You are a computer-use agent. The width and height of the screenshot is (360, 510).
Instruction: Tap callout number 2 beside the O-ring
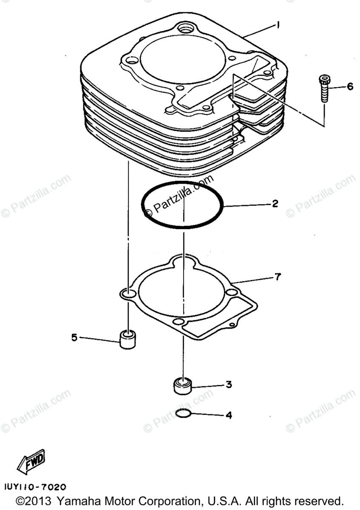[x=275, y=204]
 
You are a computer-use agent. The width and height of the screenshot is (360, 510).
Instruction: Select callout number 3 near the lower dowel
[x=228, y=385]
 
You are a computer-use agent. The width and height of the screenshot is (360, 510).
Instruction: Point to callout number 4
[x=228, y=415]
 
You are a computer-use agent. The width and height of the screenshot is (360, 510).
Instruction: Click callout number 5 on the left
[x=74, y=338]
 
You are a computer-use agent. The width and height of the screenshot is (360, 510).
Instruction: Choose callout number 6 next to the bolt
[x=350, y=87]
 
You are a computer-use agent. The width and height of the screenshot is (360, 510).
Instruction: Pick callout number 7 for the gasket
[x=277, y=278]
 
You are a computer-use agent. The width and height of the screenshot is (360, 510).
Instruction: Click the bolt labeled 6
[x=324, y=88]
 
